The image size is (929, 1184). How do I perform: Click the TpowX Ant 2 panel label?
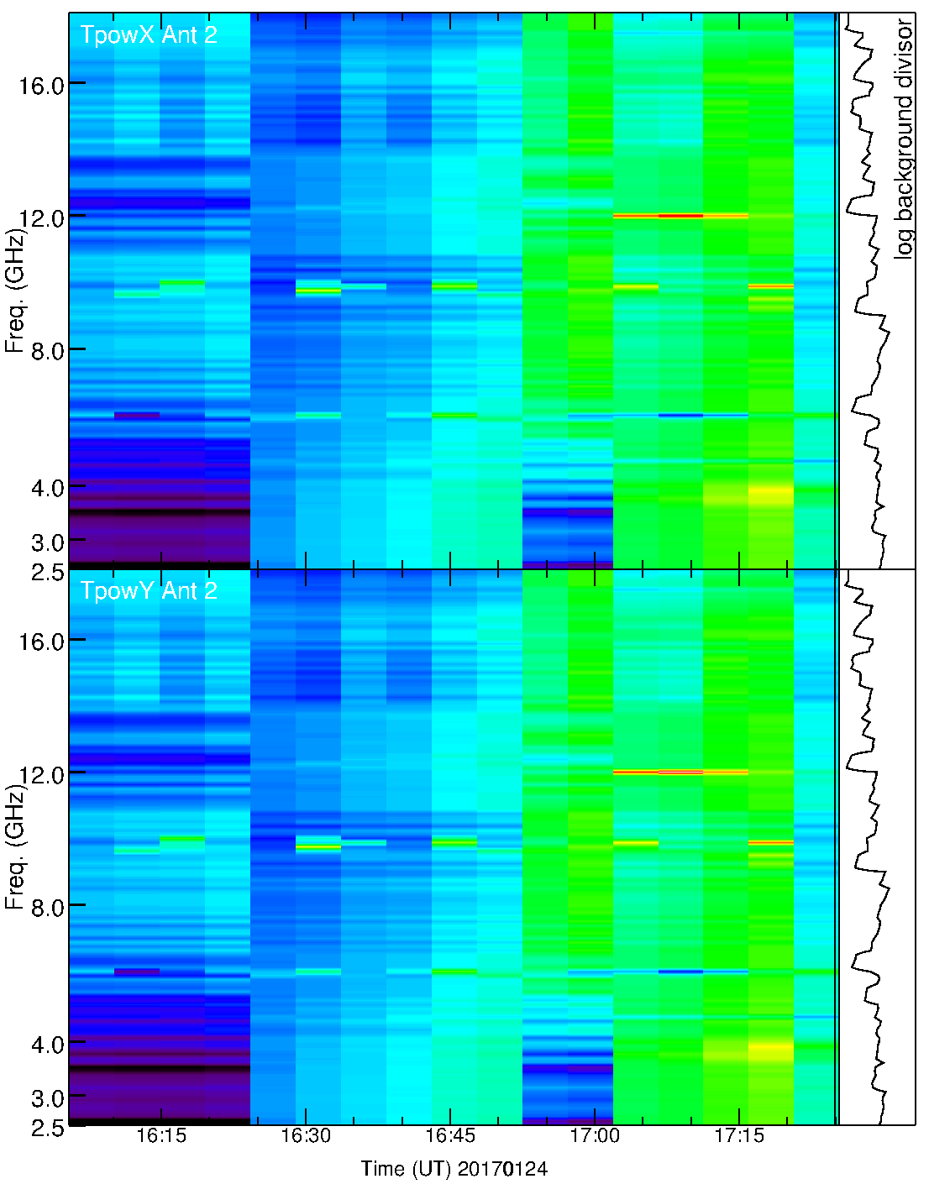(149, 34)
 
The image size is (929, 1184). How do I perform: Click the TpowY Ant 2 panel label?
(149, 591)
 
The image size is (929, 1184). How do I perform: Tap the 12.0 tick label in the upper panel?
(42, 218)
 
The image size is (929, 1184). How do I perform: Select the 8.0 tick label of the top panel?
(48, 351)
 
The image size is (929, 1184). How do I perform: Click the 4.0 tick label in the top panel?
(48, 488)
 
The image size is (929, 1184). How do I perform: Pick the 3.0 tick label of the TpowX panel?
(48, 542)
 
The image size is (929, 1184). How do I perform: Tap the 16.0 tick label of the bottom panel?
(42, 642)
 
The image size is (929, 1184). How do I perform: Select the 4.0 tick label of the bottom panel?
(48, 1045)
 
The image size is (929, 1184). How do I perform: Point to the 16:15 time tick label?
(160, 1136)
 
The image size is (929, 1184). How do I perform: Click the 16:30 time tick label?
(306, 1136)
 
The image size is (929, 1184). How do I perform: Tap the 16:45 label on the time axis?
(450, 1136)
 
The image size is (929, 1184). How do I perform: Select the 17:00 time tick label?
(595, 1136)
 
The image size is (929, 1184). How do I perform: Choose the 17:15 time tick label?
(739, 1136)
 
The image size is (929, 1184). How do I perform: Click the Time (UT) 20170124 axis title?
(454, 1168)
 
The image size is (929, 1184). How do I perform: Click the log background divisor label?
(904, 139)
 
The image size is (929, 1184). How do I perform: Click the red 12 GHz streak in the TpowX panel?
(680, 216)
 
